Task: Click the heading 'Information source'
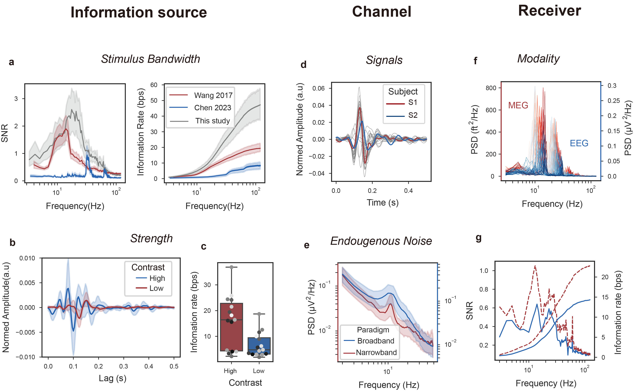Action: point(139,12)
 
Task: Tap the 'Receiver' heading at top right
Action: point(549,11)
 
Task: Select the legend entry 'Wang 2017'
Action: point(213,95)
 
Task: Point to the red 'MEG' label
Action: point(518,105)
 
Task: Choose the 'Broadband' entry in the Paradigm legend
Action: point(376,341)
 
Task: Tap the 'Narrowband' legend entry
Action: point(376,353)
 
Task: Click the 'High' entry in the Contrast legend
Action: point(157,278)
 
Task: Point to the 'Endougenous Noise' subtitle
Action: point(381,241)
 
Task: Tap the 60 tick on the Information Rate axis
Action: point(154,85)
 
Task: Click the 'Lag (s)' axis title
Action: point(113,378)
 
